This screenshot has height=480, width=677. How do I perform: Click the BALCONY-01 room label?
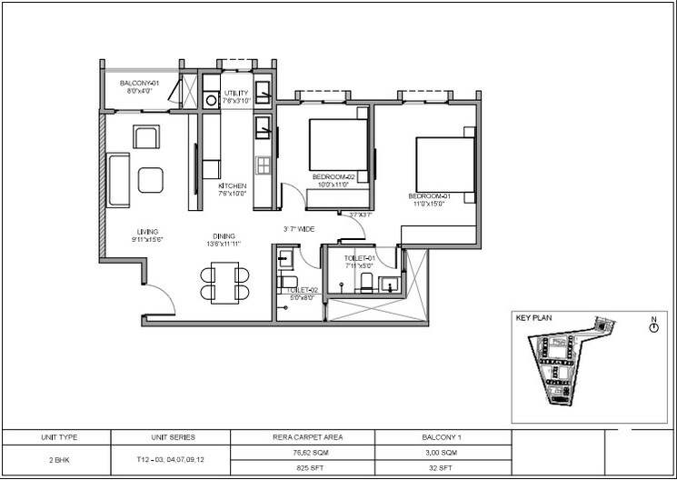[140, 84]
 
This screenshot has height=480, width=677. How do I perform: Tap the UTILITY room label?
[236, 93]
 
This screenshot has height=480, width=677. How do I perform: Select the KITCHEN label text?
[233, 186]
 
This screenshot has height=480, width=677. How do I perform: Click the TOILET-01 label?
[360, 259]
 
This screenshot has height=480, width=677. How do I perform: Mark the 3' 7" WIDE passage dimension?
[300, 230]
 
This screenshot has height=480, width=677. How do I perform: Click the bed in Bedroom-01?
[444, 164]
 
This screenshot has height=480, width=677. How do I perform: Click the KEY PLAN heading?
[535, 319]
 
